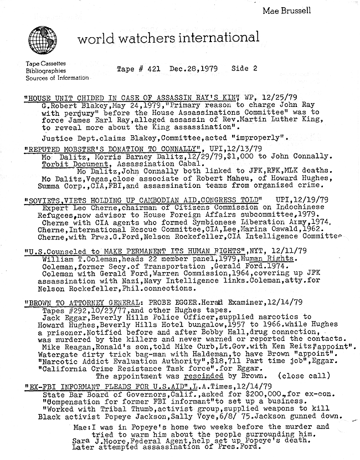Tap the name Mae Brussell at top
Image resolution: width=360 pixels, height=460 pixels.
(x=317, y=10)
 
